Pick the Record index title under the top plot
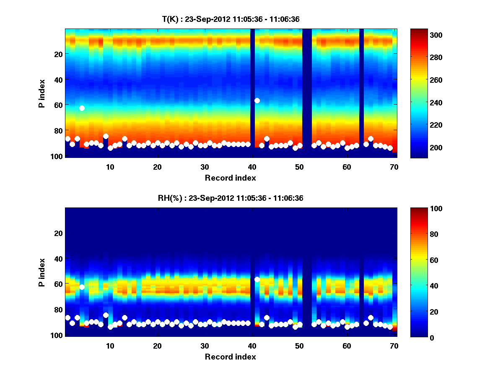pyautogui.click(x=230, y=178)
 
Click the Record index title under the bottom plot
pyautogui.click(x=230, y=357)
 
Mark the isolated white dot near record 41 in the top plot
pyautogui.click(x=257, y=100)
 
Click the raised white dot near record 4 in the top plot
pyautogui.click(x=82, y=108)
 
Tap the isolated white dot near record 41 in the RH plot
pyautogui.click(x=257, y=279)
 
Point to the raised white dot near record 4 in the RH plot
pyautogui.click(x=82, y=287)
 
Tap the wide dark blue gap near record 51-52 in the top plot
pyautogui.click(x=307, y=92)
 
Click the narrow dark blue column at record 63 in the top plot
pyautogui.click(x=361, y=92)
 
